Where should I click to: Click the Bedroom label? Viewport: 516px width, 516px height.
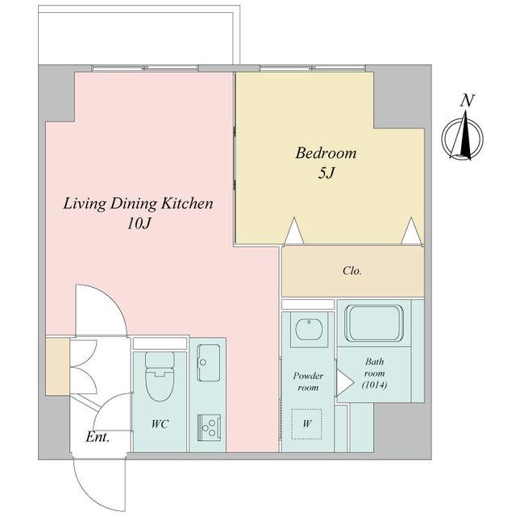(x=326, y=153)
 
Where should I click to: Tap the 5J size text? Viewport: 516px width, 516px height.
(x=326, y=173)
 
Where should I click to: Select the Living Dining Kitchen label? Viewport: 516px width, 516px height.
(x=138, y=204)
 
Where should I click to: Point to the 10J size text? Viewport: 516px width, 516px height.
(x=139, y=224)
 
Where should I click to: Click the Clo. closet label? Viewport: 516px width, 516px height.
(x=352, y=271)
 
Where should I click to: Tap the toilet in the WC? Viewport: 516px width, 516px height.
(x=160, y=377)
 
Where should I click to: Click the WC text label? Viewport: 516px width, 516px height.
(x=160, y=424)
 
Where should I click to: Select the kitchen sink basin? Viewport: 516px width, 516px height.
(x=209, y=363)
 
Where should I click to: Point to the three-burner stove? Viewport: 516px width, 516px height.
(x=209, y=427)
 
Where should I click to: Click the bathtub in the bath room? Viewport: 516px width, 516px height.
(x=374, y=322)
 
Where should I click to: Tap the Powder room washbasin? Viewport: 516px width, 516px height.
(x=309, y=329)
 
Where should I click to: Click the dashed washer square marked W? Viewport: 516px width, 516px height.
(x=306, y=424)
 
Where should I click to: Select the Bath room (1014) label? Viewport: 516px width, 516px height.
(x=374, y=373)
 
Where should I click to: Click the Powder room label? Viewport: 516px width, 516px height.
(x=308, y=381)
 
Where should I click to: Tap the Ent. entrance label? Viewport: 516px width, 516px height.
(x=98, y=437)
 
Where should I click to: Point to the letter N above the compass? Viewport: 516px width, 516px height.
(x=467, y=101)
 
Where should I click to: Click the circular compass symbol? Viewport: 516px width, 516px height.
(x=462, y=139)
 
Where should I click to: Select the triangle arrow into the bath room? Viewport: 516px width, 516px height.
(x=345, y=382)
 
